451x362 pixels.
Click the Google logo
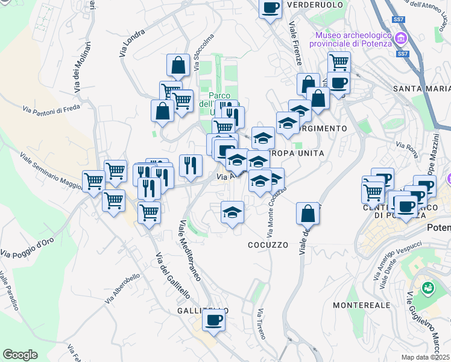click(20, 355)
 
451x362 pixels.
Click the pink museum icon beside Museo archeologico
click(400, 40)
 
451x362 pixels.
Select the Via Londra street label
click(133, 43)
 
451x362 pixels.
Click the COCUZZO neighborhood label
click(268, 245)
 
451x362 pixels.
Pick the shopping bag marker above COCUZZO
click(307, 213)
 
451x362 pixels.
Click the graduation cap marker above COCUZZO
click(232, 212)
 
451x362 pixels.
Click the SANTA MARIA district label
click(421, 89)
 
